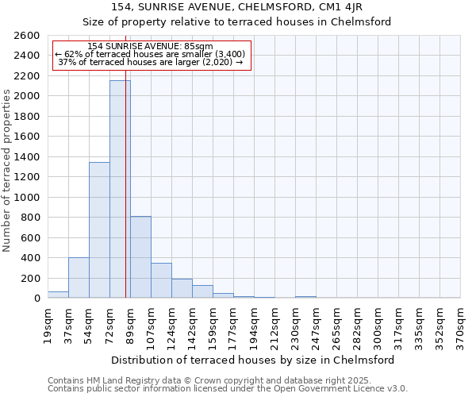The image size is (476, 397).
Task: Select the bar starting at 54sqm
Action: (99, 230)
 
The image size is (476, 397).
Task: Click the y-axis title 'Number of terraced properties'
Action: (8, 170)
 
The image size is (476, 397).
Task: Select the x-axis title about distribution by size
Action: (254, 360)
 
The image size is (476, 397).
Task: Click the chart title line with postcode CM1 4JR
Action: (237, 7)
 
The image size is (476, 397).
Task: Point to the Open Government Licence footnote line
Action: (227, 388)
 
